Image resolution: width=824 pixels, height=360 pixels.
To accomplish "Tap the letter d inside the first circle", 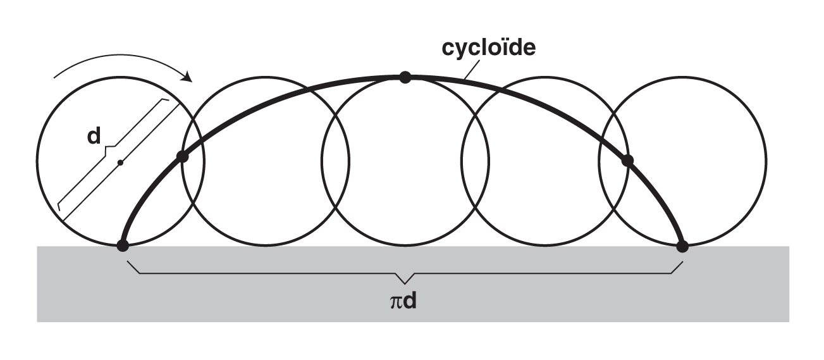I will click(x=94, y=136).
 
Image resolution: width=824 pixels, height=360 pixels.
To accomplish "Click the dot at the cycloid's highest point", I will click(x=405, y=77).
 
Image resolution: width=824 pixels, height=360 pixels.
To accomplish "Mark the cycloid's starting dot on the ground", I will click(x=123, y=245).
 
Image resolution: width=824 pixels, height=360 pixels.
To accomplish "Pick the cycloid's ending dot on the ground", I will click(x=682, y=246).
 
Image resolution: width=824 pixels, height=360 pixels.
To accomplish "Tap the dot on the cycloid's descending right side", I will click(x=627, y=161).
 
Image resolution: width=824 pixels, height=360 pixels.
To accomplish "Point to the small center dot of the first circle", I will click(x=120, y=163).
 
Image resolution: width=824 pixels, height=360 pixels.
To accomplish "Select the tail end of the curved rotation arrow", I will click(x=54, y=80).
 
